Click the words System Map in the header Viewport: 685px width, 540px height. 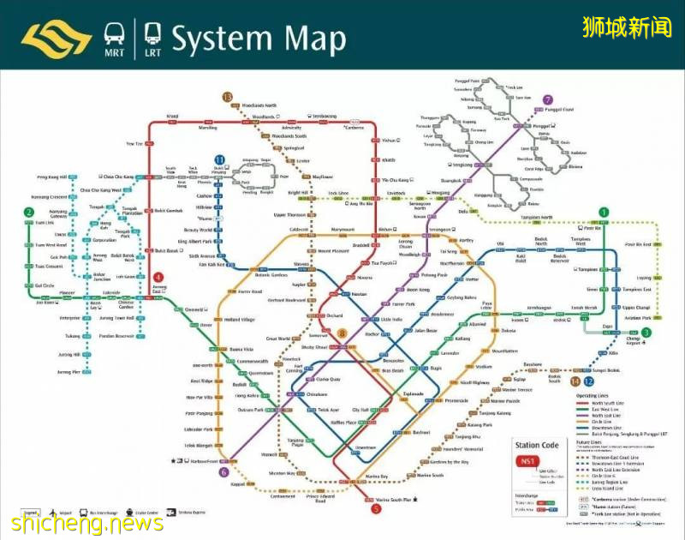(259, 39)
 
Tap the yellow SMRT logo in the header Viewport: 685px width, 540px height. (55, 39)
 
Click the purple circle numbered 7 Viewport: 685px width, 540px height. (548, 99)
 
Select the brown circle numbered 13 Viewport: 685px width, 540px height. (227, 97)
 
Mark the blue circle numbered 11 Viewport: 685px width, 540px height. (220, 159)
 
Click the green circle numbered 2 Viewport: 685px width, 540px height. (29, 213)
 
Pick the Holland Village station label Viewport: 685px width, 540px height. (241, 320)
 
